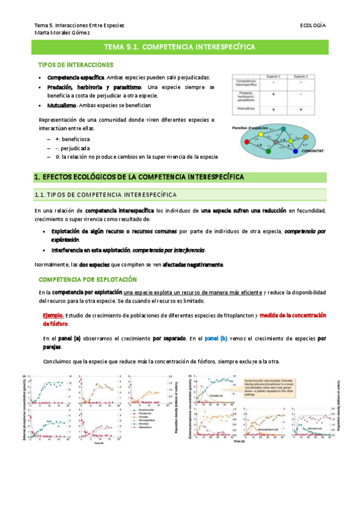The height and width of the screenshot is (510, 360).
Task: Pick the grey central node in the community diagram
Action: (x=276, y=143)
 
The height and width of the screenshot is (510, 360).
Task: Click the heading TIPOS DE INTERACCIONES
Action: (x=76, y=64)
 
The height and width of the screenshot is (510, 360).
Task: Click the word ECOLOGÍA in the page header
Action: (x=313, y=25)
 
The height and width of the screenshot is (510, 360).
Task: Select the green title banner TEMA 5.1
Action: (x=180, y=46)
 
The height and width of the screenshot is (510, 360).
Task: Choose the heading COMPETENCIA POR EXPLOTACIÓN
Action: (x=88, y=280)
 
